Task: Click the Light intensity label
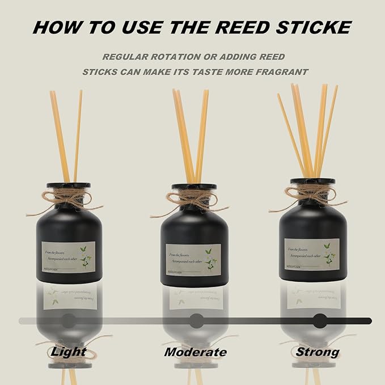69,352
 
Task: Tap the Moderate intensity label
195,352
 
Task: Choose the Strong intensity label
317,352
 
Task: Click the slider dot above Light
69,320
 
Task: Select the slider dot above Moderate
196,320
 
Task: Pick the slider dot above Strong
320,320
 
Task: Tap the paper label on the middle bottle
193,260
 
